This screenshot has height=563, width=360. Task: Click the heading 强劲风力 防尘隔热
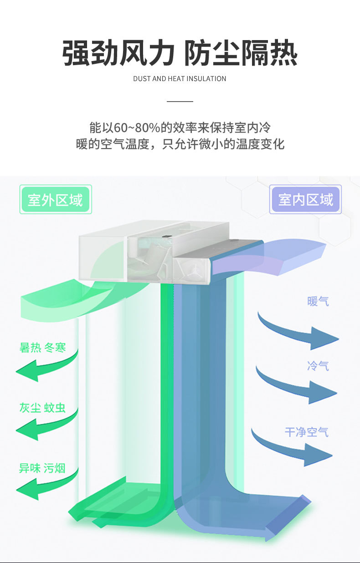coord(180,53)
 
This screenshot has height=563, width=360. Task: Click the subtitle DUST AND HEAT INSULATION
coord(180,79)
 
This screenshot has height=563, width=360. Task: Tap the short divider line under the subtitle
coord(180,101)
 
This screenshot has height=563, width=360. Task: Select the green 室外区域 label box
coord(56,200)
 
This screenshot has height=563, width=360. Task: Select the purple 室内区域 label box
coord(305,200)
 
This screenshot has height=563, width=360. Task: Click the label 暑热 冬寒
coord(42,348)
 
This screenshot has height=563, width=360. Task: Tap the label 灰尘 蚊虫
coord(42,408)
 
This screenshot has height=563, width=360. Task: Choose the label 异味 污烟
coord(42,468)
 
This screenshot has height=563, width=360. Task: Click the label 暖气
coord(318,301)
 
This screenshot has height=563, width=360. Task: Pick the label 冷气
coord(318,366)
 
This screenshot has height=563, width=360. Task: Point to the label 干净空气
coord(306,431)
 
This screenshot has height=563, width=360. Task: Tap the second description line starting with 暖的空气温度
coord(180,144)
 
